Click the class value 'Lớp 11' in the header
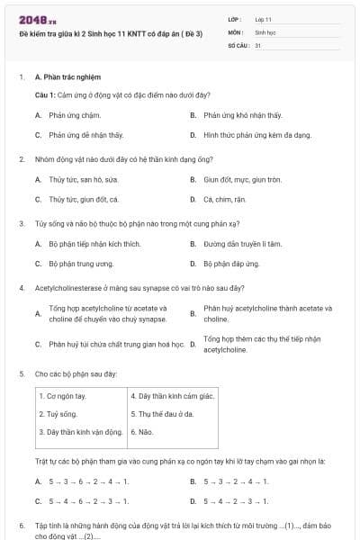263,19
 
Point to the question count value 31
258,44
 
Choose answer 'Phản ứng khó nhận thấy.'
242,115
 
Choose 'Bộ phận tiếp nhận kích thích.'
94,243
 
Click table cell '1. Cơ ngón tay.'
65,396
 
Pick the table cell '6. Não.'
145,432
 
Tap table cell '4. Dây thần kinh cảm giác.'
174,396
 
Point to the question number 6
22,524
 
